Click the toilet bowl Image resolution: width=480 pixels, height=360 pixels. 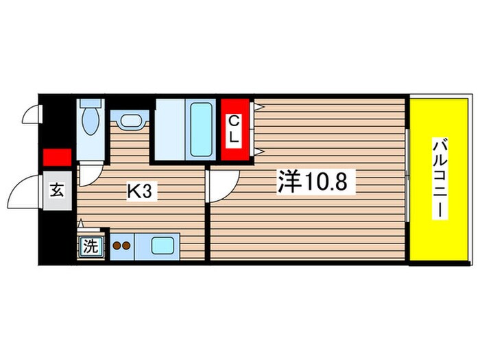coord(90,123)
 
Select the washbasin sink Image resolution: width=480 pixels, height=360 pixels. coord(129,121)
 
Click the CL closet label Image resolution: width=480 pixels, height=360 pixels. coord(235,128)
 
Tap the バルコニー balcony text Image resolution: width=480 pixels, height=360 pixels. coord(440,178)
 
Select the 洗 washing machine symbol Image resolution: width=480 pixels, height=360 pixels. coord(90,245)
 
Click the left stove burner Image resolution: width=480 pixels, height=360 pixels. coord(116,244)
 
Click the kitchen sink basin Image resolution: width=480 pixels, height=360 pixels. coord(163,245)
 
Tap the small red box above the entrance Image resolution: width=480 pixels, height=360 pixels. coord(57,157)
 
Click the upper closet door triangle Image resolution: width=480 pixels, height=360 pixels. coord(259,106)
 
